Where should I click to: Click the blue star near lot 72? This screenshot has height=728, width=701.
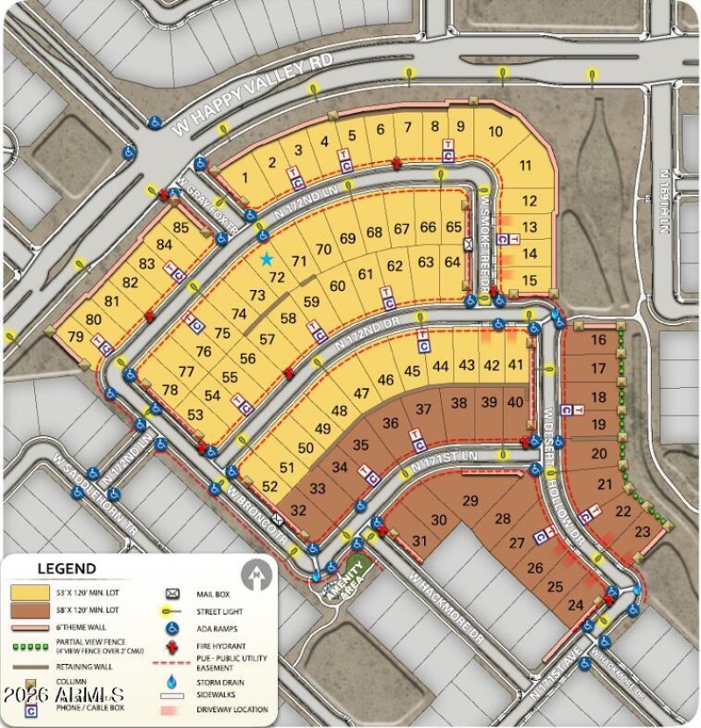[x=266, y=259]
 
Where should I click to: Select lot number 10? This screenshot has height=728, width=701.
[x=495, y=131]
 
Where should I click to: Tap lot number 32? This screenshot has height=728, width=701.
[x=298, y=510]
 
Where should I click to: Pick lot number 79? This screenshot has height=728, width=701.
[x=75, y=336]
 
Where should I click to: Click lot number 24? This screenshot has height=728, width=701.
[x=576, y=604]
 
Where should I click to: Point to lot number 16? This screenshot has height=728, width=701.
[x=598, y=340]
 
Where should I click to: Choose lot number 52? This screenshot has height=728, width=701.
[x=270, y=486]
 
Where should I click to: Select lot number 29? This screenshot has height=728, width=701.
[x=471, y=500]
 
